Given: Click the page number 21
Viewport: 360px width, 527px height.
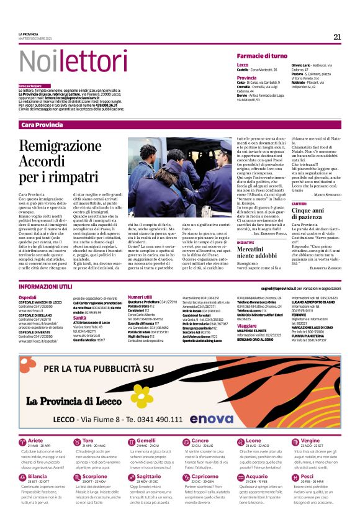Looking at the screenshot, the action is pos(337,37).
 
